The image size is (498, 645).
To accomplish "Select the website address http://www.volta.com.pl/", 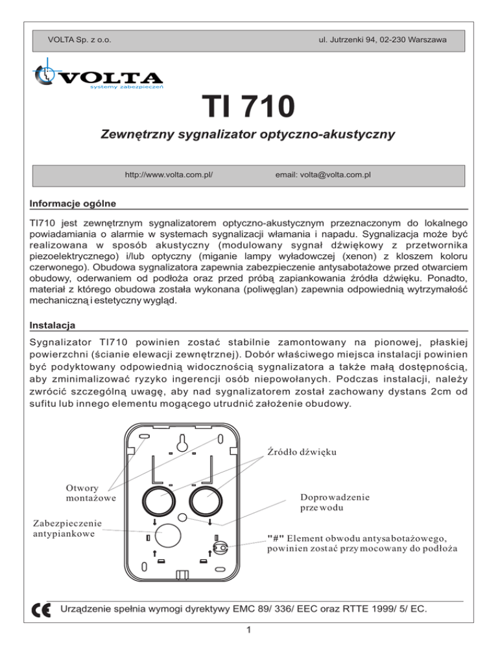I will pos(169,175).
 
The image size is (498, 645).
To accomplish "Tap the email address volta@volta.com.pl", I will pos(323,175).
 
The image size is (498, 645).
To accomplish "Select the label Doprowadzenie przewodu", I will pos(335,502).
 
